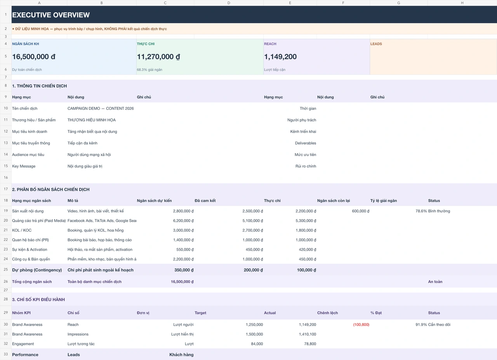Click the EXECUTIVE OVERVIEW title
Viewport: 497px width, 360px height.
(x=51, y=15)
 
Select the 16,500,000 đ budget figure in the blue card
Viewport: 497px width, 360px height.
(x=34, y=57)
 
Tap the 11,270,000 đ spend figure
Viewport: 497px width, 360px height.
(x=158, y=57)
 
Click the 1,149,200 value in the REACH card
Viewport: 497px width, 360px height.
(x=280, y=57)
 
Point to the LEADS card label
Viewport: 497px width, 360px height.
(x=376, y=44)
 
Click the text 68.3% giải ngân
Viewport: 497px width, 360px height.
(x=149, y=69)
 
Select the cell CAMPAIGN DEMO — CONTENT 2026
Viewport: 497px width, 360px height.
(x=101, y=108)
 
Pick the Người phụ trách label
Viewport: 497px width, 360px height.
(x=302, y=120)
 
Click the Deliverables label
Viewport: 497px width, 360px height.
(x=306, y=143)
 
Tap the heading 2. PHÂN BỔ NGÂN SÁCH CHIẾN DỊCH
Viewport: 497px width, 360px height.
(x=51, y=190)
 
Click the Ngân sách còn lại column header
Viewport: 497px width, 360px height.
(x=334, y=201)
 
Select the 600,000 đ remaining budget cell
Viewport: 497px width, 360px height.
(x=361, y=211)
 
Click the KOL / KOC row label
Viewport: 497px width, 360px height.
(x=22, y=230)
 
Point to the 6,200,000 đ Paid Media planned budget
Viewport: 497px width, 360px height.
(x=183, y=221)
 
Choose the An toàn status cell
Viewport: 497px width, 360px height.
(x=435, y=282)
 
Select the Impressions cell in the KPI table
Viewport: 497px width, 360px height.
(x=78, y=334)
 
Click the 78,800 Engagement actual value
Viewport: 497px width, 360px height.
(x=310, y=344)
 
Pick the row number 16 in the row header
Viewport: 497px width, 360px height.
(x=6, y=177)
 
